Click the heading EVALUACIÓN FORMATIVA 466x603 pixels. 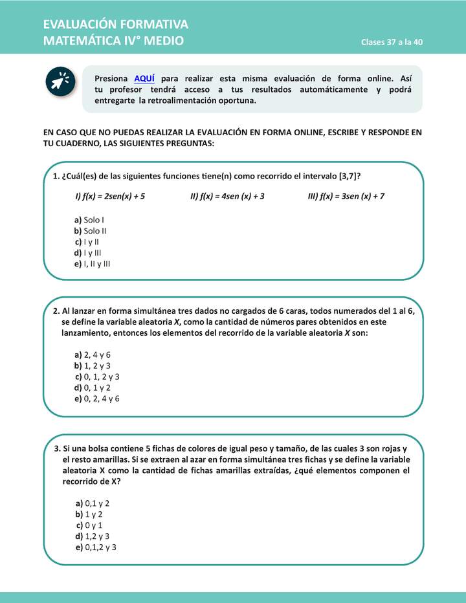(x=115, y=25)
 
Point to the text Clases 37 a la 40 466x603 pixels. (x=392, y=43)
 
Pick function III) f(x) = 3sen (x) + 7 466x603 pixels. (x=346, y=196)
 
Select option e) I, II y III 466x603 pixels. (x=93, y=264)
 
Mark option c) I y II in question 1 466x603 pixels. (x=87, y=242)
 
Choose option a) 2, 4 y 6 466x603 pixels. (x=93, y=355)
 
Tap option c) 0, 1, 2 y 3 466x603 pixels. (x=97, y=377)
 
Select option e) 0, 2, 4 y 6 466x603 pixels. (x=97, y=399)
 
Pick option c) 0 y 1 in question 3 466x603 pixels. (x=89, y=525)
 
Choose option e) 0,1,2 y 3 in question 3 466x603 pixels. (x=96, y=547)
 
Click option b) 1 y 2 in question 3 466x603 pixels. (x=89, y=514)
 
